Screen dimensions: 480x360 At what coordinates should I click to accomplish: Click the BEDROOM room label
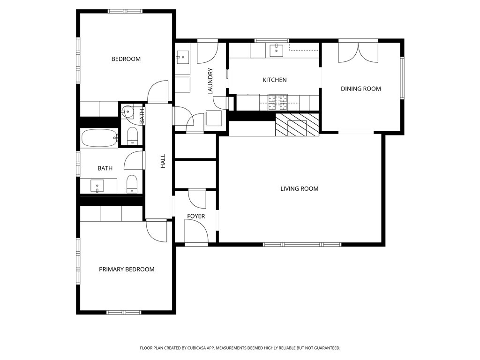[126, 59]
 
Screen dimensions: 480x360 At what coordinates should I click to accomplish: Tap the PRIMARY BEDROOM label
[127, 270]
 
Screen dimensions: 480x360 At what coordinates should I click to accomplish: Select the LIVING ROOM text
[300, 188]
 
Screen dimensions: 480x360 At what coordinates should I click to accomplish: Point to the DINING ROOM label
[361, 89]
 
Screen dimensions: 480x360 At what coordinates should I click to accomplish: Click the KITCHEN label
[275, 80]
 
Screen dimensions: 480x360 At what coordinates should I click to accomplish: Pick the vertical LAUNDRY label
[210, 81]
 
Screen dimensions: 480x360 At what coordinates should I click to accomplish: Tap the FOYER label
[196, 216]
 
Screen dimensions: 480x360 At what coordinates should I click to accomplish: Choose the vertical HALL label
[163, 161]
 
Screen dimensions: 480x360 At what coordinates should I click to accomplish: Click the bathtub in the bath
[99, 138]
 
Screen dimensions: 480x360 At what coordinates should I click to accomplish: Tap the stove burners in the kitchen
[277, 102]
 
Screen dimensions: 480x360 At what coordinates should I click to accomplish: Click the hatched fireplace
[297, 125]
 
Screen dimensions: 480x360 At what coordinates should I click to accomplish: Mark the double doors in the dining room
[358, 52]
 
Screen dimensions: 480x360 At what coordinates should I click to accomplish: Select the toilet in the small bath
[132, 136]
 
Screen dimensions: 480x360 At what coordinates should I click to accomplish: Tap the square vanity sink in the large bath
[97, 186]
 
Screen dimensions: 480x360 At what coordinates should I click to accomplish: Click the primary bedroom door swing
[157, 231]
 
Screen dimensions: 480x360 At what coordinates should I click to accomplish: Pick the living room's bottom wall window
[302, 244]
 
